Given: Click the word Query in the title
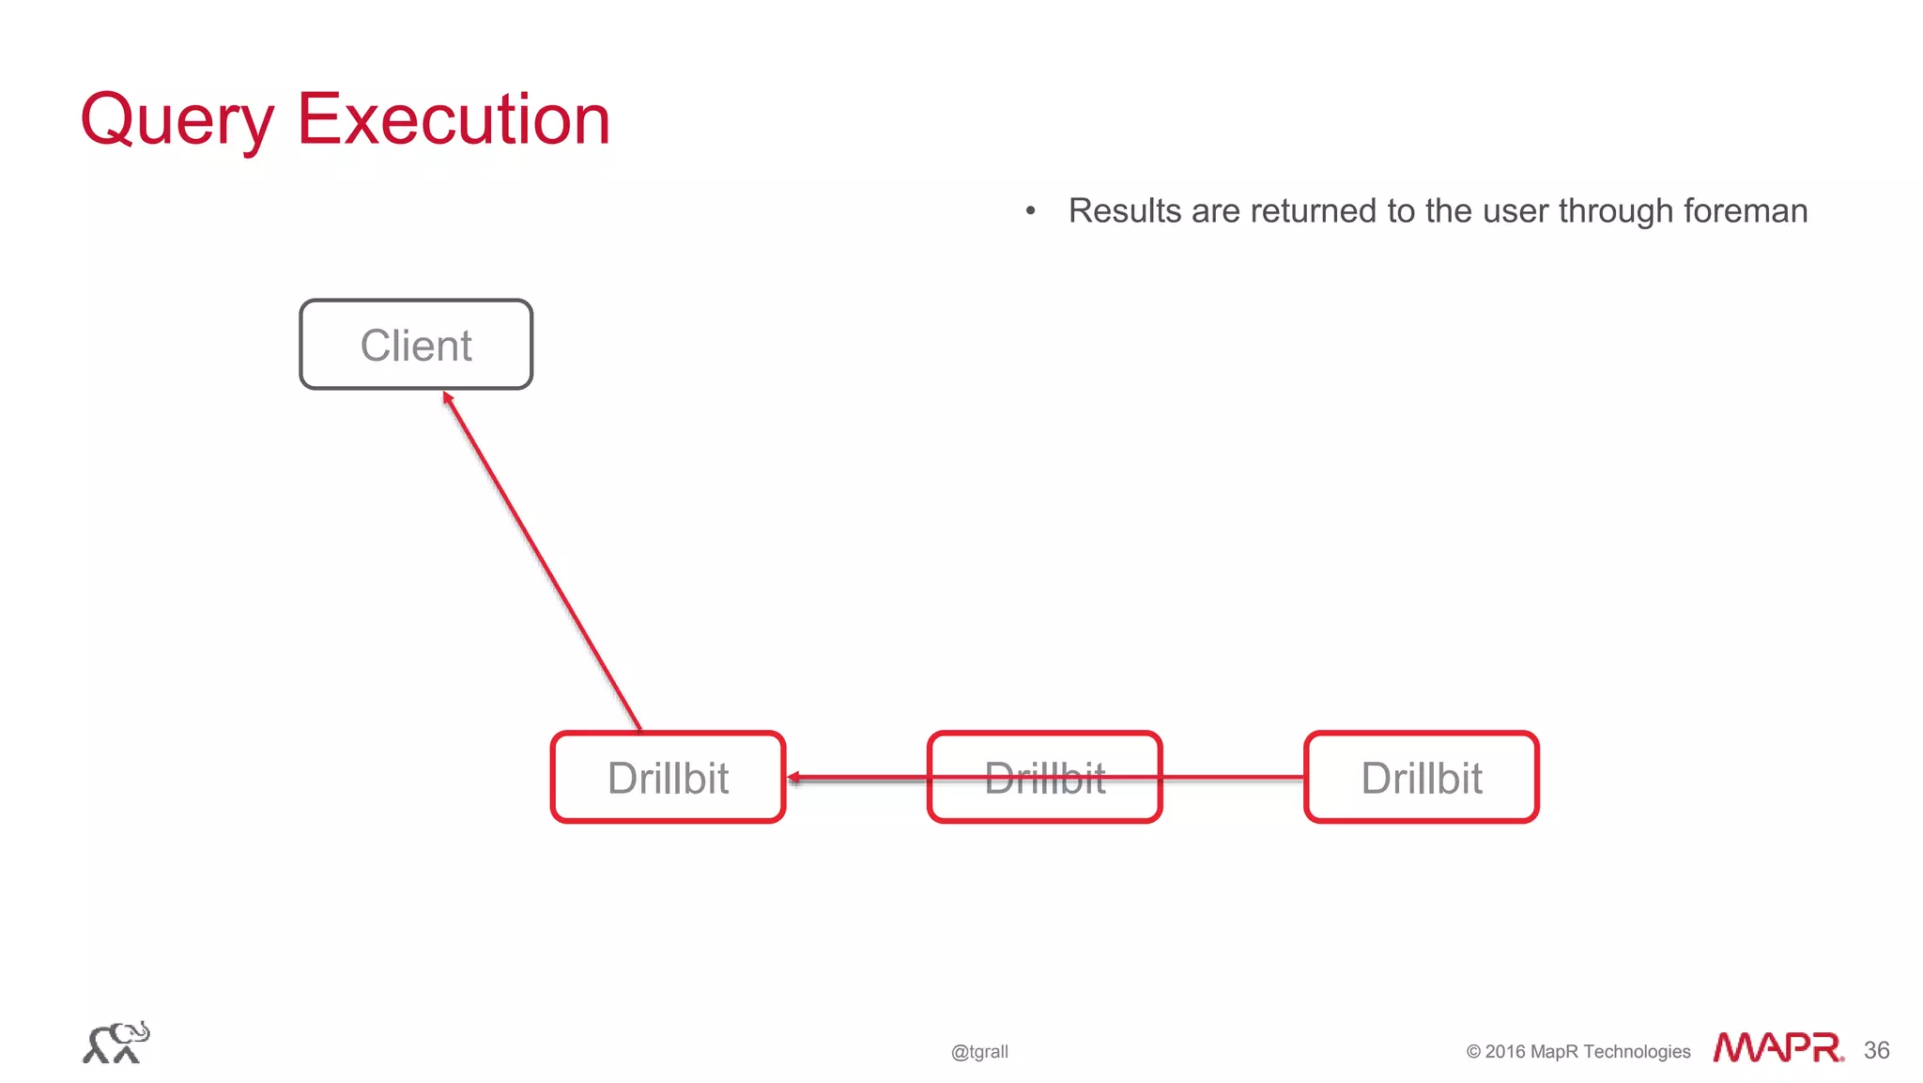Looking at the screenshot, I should (177, 120).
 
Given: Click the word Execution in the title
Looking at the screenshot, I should (454, 119).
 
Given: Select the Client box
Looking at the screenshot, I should (416, 345).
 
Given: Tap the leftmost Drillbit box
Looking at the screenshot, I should (668, 778).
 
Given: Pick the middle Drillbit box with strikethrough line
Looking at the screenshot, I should (1044, 778).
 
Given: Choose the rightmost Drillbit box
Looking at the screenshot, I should (1421, 778).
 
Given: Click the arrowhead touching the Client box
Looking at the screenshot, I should (448, 397).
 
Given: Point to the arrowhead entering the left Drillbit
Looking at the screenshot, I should (794, 778).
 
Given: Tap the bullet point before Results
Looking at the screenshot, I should (1030, 210).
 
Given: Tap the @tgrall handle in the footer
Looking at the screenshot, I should (979, 1051).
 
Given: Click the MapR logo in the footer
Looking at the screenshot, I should (1777, 1047).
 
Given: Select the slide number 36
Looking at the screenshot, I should (1876, 1050).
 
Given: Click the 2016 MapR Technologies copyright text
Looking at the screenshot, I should (1577, 1051).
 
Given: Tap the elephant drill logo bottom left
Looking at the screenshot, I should (115, 1043).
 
